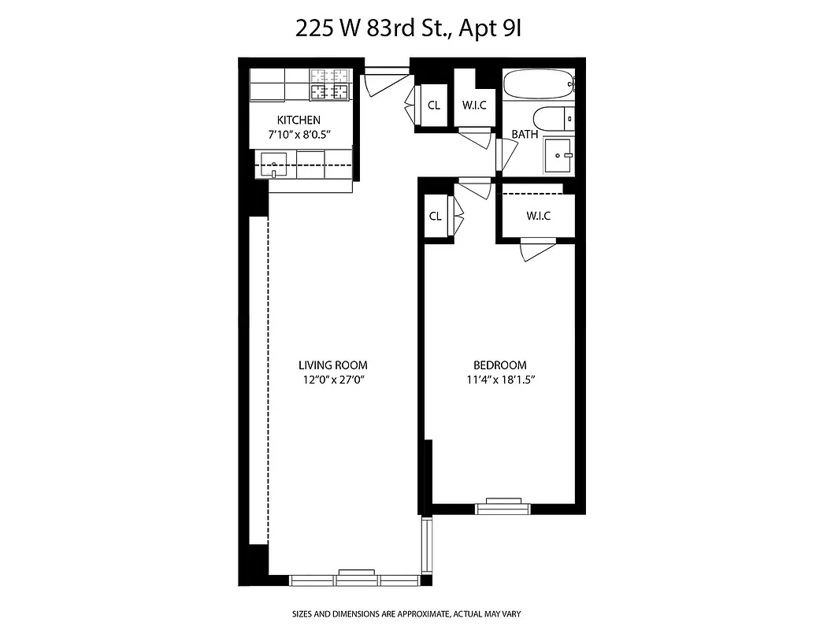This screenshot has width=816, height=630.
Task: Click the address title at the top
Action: coord(409,29)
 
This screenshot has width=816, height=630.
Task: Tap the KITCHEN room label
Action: coord(298,120)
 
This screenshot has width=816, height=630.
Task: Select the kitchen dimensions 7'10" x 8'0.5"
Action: coord(298,134)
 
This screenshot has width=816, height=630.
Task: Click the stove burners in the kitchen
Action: coord(329,84)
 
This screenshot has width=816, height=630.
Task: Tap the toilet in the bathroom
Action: coord(553,119)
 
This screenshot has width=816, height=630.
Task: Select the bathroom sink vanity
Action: coord(561,156)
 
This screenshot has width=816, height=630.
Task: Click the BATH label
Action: coord(525,135)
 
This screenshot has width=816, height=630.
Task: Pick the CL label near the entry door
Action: coord(434,106)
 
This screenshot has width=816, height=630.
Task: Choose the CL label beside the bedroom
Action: coord(435,217)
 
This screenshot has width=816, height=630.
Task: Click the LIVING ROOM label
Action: coord(332,365)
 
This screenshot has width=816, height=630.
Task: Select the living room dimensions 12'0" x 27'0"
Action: coord(332,380)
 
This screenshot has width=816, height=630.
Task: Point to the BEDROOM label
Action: coord(499,365)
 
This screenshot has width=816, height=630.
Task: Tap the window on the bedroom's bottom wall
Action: coord(504,506)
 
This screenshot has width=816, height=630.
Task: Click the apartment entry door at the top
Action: coord(386,75)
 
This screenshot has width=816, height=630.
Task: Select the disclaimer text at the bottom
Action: coord(408,613)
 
